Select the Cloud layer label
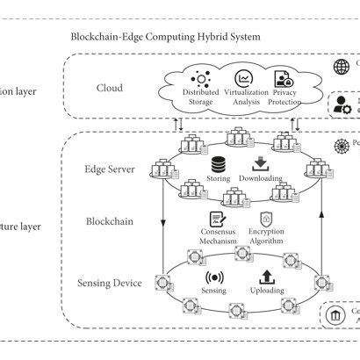click(x=111, y=88)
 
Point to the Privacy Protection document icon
click(x=283, y=79)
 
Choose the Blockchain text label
click(x=110, y=221)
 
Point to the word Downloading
click(x=260, y=179)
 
